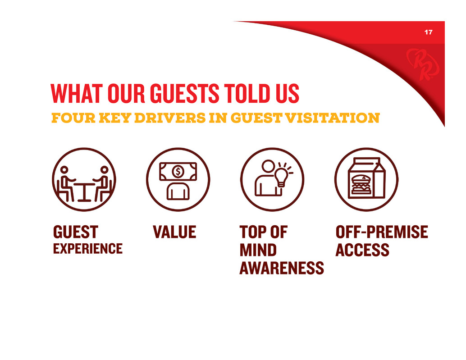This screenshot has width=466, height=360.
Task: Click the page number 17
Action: click(x=428, y=32)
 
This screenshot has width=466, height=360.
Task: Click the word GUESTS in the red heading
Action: click(x=185, y=93)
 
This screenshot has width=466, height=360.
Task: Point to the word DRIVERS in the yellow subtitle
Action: click(x=170, y=118)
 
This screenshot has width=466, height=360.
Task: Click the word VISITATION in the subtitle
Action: click(x=332, y=118)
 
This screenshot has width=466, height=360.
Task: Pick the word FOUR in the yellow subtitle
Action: click(x=73, y=118)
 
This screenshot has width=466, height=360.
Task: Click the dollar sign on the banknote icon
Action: click(x=178, y=172)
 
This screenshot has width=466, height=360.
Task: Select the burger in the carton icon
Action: click(x=361, y=185)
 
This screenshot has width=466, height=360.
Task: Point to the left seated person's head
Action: click(x=64, y=170)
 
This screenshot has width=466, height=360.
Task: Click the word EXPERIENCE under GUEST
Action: click(x=88, y=249)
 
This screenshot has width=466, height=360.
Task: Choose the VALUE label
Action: click(x=174, y=232)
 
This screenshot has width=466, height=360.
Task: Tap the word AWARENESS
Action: click(x=282, y=268)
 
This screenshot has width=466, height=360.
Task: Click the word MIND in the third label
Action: click(x=258, y=250)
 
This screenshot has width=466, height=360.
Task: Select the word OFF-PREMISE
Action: click(x=382, y=232)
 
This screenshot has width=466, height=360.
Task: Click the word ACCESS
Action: click(x=362, y=250)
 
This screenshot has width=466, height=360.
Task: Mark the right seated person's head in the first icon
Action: click(x=104, y=170)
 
